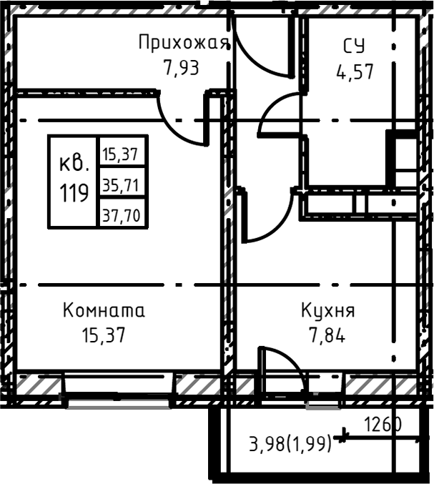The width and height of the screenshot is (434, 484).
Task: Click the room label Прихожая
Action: pos(184,42)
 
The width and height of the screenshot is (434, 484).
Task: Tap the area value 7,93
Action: pos(180,68)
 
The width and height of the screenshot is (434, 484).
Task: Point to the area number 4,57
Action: pos(355,72)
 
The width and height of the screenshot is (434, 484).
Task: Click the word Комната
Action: pos(104,311)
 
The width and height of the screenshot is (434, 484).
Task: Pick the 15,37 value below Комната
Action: pos(104,335)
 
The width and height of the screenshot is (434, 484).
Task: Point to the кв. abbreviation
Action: pos(74,164)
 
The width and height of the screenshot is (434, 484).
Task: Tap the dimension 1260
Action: pos(383,425)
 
